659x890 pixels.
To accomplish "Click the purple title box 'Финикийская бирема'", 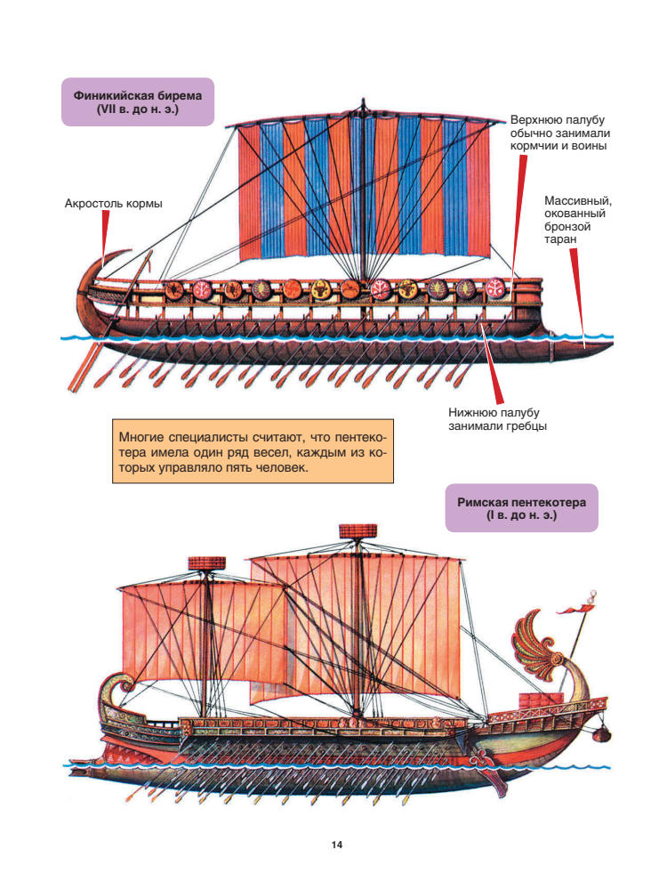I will pyautogui.click(x=138, y=101).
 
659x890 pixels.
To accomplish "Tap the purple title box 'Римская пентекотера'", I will pyautogui.click(x=521, y=508).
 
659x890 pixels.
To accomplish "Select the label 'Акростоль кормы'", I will pyautogui.click(x=114, y=203).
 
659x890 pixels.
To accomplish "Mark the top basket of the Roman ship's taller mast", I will pyautogui.click(x=358, y=532).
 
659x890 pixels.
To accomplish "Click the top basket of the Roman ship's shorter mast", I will pyautogui.click(x=210, y=562).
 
